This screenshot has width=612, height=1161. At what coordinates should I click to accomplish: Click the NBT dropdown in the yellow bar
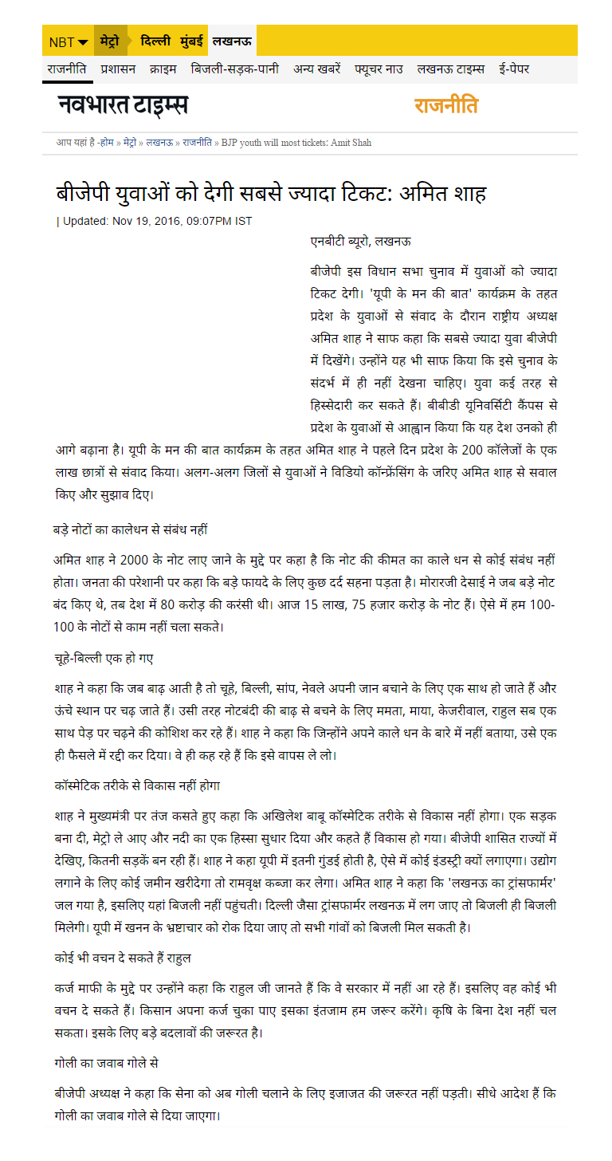(68, 41)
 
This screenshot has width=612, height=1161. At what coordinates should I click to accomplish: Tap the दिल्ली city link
(155, 41)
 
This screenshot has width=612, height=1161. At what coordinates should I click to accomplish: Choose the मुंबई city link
(191, 41)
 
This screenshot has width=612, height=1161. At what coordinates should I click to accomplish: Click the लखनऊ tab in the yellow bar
(232, 41)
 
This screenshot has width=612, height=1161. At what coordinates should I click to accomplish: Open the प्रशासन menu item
(118, 69)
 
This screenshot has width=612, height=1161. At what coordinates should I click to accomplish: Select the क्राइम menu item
(163, 69)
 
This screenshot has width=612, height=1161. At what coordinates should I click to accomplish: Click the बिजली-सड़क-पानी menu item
(235, 69)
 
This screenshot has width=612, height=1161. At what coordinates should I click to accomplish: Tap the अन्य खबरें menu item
(317, 69)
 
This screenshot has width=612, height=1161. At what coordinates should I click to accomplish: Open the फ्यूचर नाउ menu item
(379, 69)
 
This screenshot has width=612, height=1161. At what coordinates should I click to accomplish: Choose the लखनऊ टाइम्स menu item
(450, 69)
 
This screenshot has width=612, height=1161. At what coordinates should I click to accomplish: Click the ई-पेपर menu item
(514, 69)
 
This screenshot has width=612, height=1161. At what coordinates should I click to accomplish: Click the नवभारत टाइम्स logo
(123, 104)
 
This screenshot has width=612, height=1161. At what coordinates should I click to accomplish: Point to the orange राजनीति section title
(445, 105)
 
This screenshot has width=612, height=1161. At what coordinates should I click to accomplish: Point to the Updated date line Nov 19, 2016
(157, 221)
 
